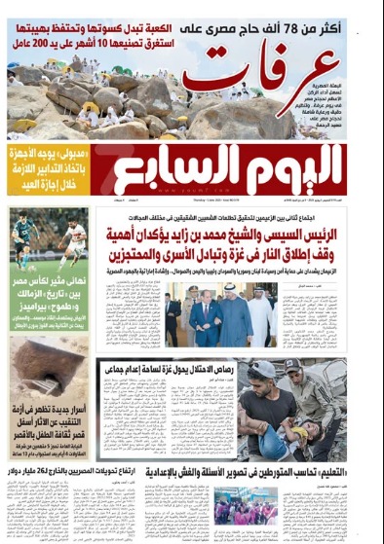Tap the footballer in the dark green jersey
[x=23, y=237]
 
